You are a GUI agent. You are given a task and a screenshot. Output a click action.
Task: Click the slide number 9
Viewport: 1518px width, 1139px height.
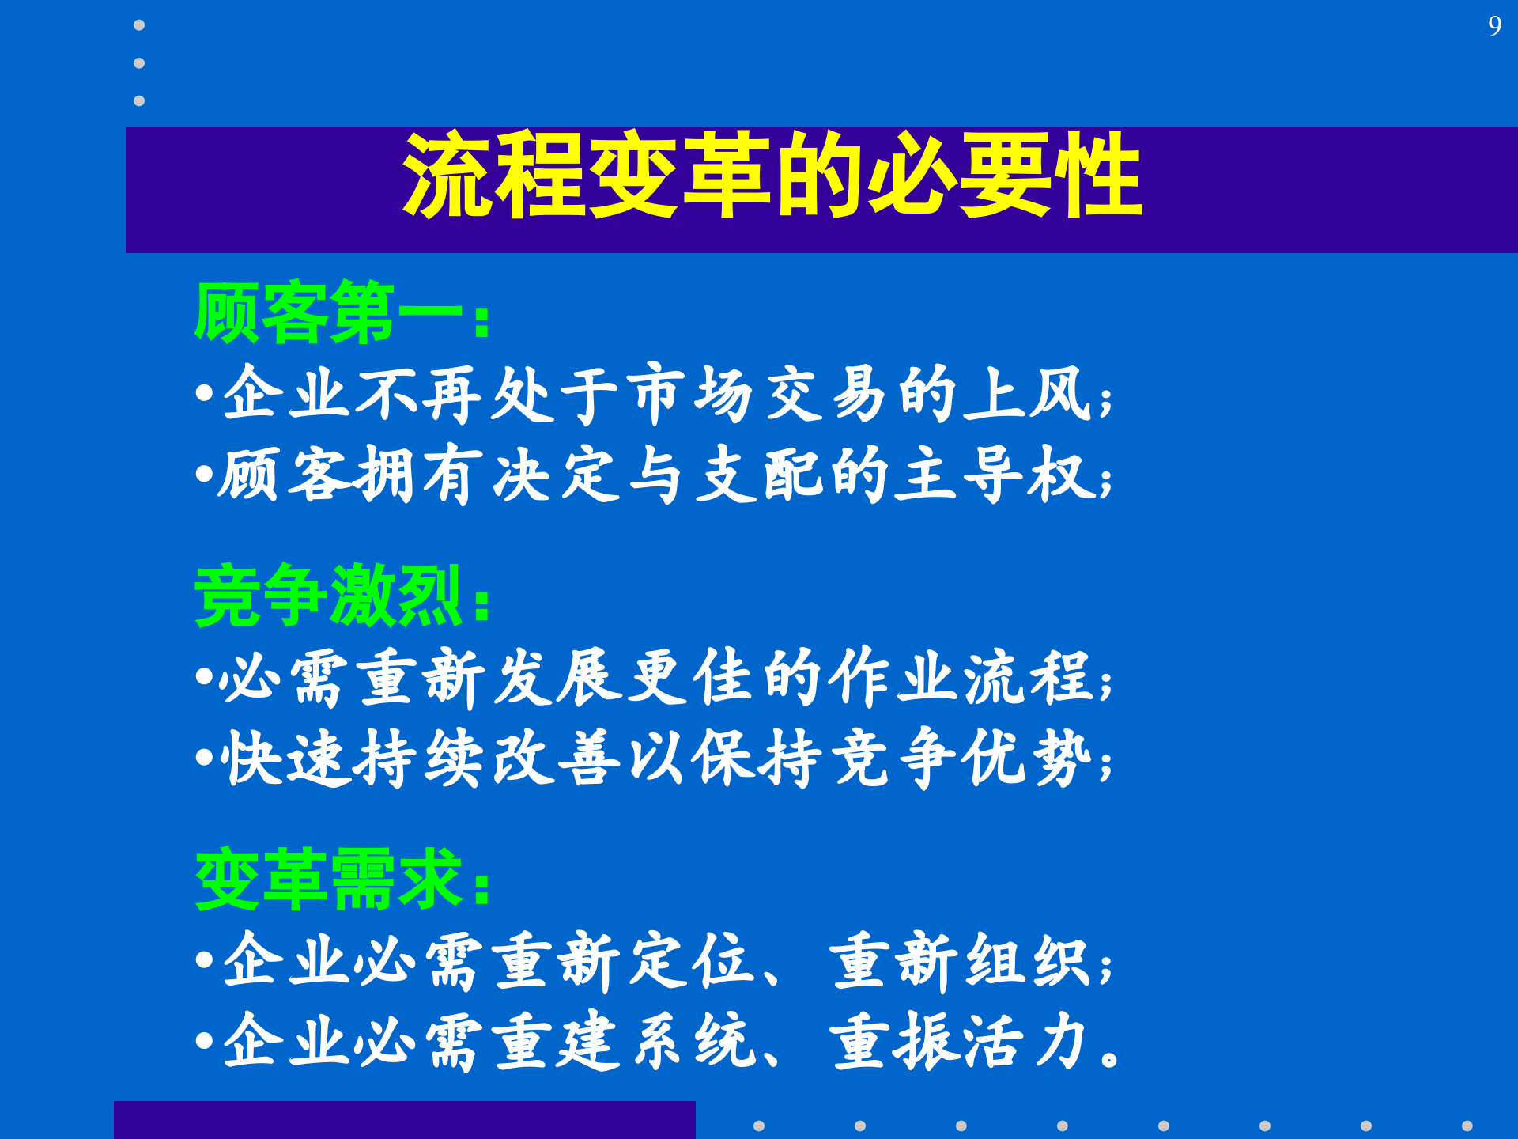click(x=1493, y=26)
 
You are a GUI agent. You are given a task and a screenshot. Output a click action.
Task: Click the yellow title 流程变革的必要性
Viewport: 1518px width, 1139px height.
click(x=772, y=175)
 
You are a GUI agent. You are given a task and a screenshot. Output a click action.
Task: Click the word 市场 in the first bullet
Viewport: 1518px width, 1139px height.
click(x=689, y=394)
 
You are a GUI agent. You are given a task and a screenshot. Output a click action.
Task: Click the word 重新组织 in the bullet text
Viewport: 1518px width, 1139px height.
click(x=961, y=961)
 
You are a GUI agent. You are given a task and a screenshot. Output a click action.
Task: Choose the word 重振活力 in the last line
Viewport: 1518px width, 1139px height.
click(x=961, y=1041)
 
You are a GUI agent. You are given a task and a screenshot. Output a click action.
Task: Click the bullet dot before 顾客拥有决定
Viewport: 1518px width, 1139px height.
click(x=204, y=475)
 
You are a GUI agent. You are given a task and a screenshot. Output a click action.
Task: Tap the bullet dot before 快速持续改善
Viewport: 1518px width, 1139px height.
click(x=204, y=758)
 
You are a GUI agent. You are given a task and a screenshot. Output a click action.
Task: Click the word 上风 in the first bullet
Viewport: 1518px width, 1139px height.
click(x=1028, y=394)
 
